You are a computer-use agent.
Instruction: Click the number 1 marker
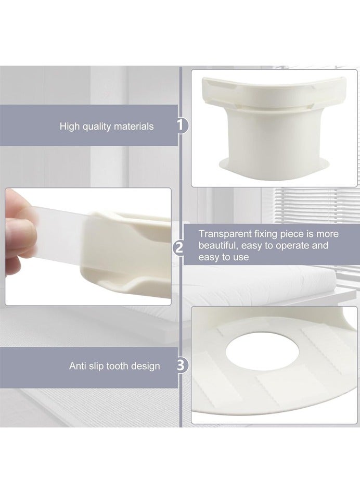181,125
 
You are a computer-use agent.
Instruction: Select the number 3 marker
180,366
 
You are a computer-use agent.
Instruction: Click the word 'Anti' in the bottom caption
78,366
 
